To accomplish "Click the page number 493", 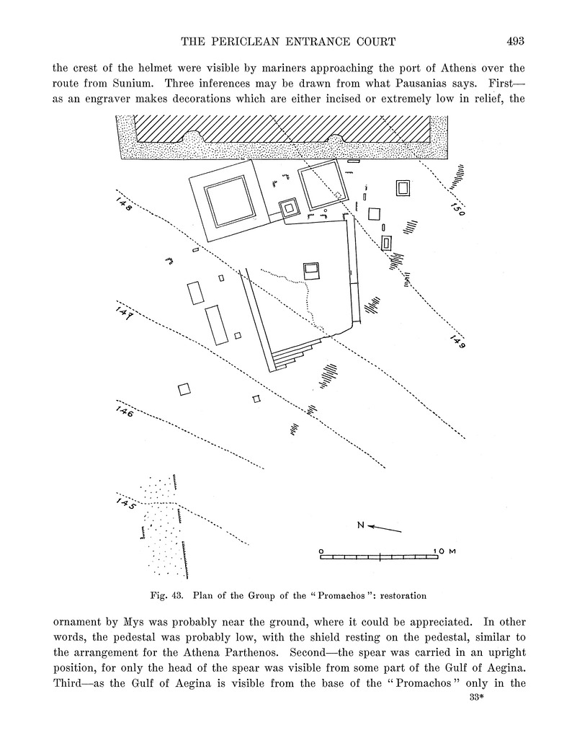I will tap(515, 41).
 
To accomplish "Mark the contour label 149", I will tap(457, 341).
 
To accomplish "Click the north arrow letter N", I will tap(361, 525).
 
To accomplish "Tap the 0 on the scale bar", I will tap(321, 551).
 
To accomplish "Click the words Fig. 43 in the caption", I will tap(166, 596).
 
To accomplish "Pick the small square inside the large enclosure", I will tap(311, 270).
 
